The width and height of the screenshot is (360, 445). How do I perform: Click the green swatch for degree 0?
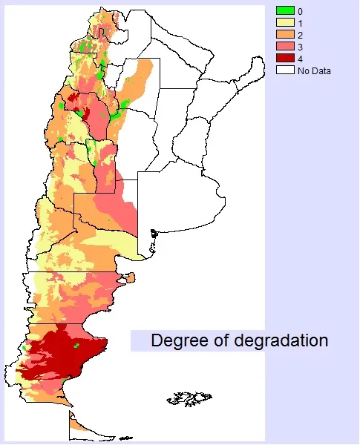click(x=285, y=10)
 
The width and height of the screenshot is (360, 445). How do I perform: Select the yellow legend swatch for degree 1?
click(x=285, y=23)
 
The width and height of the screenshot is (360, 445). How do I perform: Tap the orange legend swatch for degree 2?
click(x=285, y=35)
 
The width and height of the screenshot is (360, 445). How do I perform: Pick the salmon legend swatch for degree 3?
click(x=285, y=47)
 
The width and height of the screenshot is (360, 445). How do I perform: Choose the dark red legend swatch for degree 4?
click(x=285, y=59)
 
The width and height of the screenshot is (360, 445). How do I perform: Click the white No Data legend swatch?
click(x=285, y=70)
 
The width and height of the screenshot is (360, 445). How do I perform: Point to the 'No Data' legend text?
click(x=314, y=71)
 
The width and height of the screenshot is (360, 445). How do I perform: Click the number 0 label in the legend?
click(x=300, y=11)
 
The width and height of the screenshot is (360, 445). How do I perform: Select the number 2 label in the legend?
click(x=300, y=35)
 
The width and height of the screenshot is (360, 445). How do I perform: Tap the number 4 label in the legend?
click(x=300, y=59)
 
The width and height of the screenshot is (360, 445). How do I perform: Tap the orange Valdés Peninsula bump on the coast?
click(x=130, y=278)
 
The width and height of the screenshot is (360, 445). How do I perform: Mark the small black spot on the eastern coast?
click(x=154, y=235)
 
